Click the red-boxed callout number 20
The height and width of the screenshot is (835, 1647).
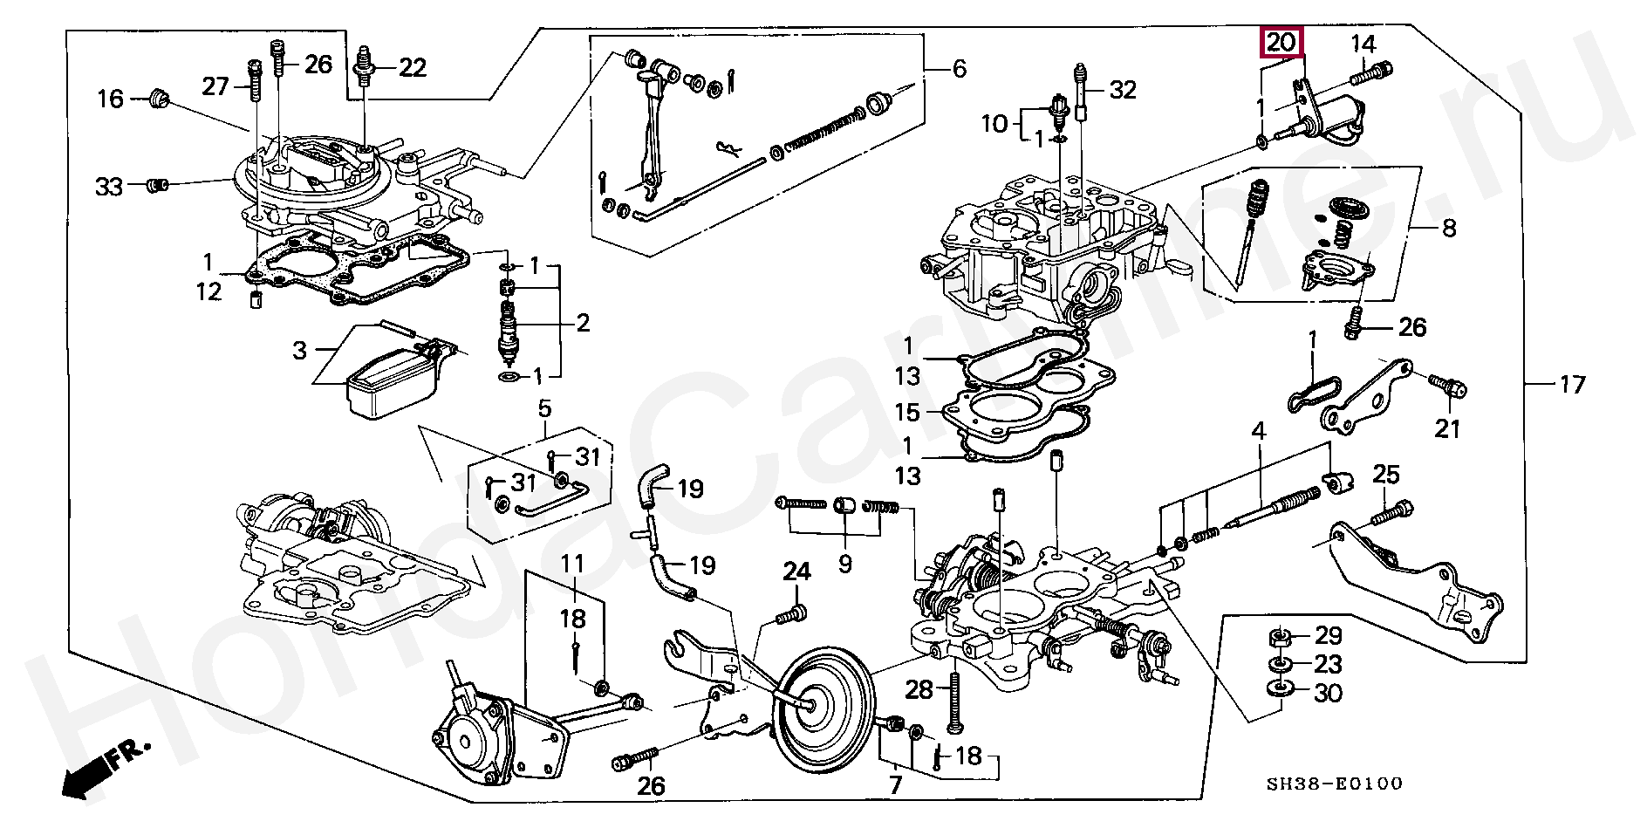pos(1281,42)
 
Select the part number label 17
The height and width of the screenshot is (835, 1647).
pos(1572,384)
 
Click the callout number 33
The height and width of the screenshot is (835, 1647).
pos(109,186)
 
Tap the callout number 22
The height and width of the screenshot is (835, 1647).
pos(413,67)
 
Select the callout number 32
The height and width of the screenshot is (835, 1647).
pos(1123,89)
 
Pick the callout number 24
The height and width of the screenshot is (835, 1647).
pos(796,572)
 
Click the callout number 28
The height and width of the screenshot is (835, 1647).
pos(919,691)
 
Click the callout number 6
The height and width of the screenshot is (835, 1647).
pos(960,68)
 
